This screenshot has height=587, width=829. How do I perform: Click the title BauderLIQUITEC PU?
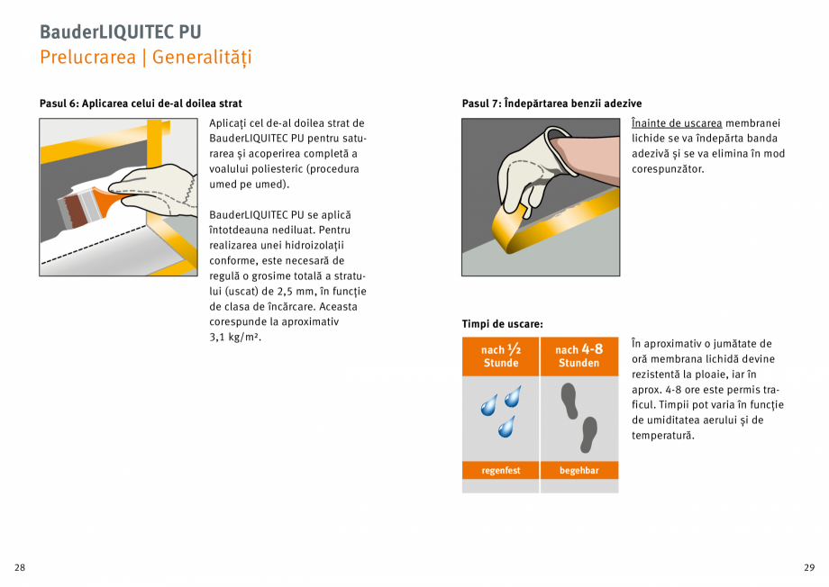click(x=120, y=32)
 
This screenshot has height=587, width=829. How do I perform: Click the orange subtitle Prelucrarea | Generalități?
click(x=145, y=58)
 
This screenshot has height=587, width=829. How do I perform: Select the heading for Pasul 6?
click(x=141, y=104)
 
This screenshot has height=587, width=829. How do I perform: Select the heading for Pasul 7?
click(x=551, y=104)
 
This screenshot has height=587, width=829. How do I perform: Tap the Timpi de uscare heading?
click(x=502, y=324)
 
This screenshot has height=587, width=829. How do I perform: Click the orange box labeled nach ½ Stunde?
click(x=501, y=357)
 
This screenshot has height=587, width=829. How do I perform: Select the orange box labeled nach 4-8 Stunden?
click(x=579, y=357)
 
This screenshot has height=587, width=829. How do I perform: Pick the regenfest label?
click(x=500, y=471)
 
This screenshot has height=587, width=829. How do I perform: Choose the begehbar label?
click(x=579, y=471)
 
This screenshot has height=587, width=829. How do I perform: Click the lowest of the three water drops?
click(x=506, y=426)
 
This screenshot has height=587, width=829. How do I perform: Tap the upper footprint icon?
click(x=569, y=401)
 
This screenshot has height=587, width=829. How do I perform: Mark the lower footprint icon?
click(x=588, y=434)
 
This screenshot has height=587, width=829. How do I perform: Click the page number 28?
click(x=20, y=567)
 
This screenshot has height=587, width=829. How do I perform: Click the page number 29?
click(x=808, y=567)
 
